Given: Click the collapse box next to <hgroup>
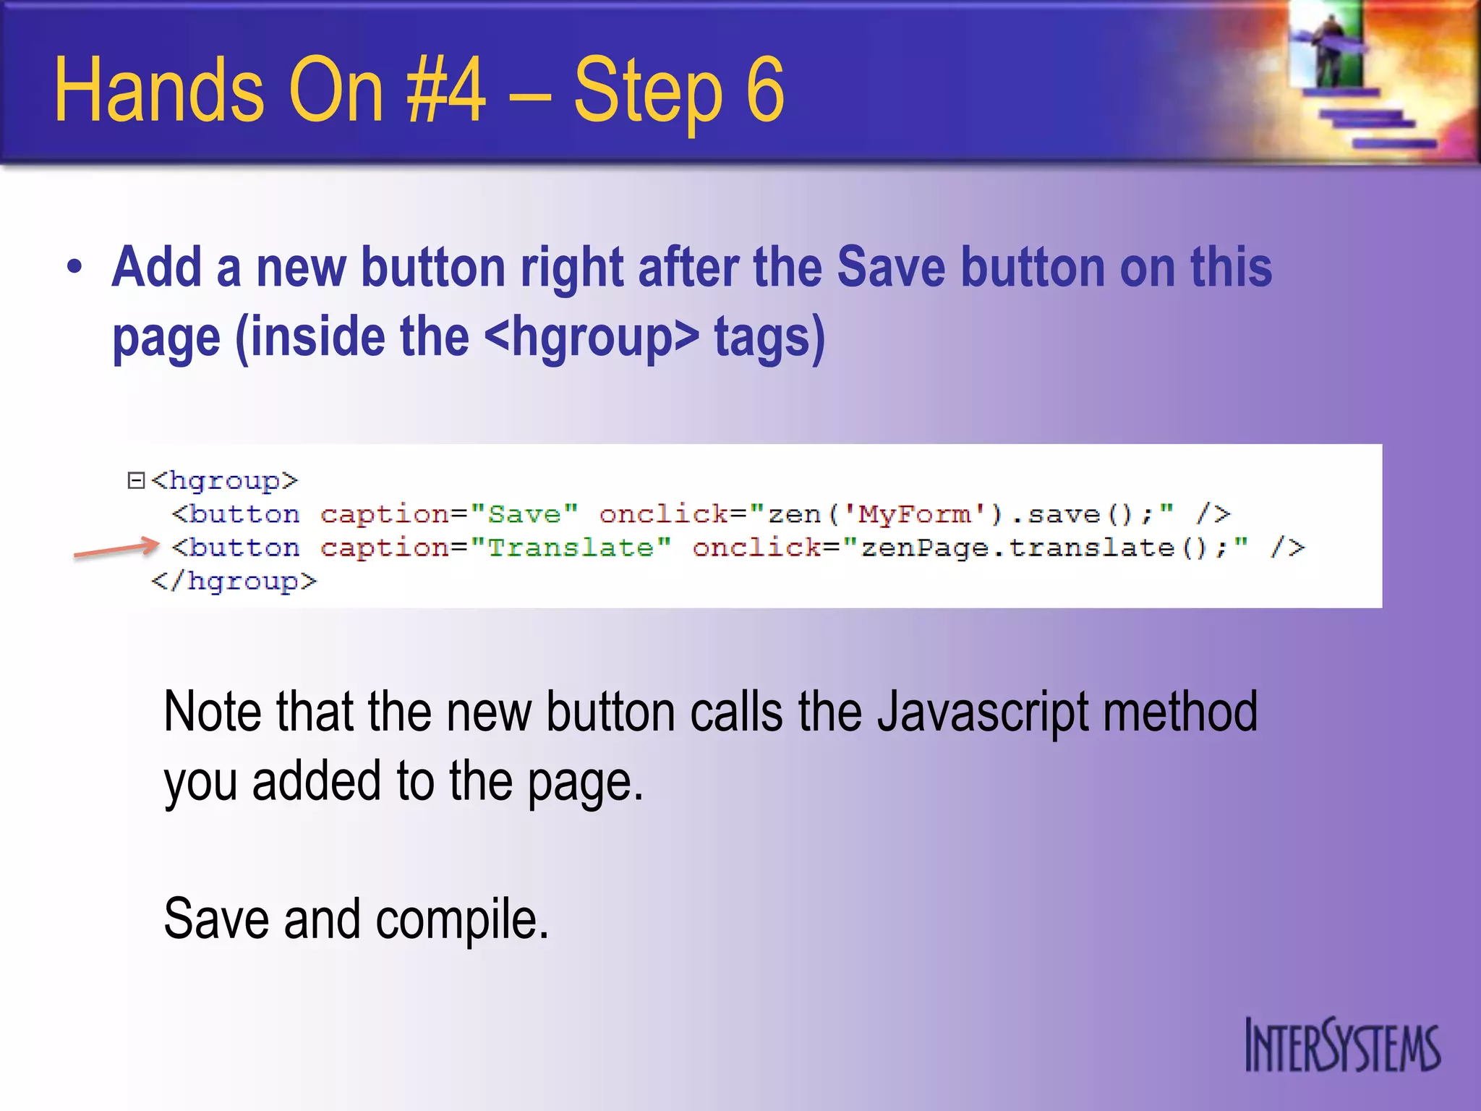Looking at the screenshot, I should coord(136,480).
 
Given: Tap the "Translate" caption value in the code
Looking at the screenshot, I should coord(571,548).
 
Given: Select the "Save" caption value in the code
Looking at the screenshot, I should coord(524,514).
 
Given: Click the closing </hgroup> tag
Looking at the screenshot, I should coord(234,581).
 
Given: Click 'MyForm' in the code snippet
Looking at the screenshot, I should coord(915,514).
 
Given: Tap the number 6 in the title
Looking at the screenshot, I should coord(764,90).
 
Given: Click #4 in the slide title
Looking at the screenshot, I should coord(446,90).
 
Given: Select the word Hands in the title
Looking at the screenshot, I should coord(159,90).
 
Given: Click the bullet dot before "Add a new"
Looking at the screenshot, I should coord(74,268).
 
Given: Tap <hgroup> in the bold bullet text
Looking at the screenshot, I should coord(592,337).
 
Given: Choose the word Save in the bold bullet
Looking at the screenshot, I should coord(890,268).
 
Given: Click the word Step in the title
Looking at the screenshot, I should coord(647,90).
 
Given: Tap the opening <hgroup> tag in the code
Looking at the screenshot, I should coord(225,480).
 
